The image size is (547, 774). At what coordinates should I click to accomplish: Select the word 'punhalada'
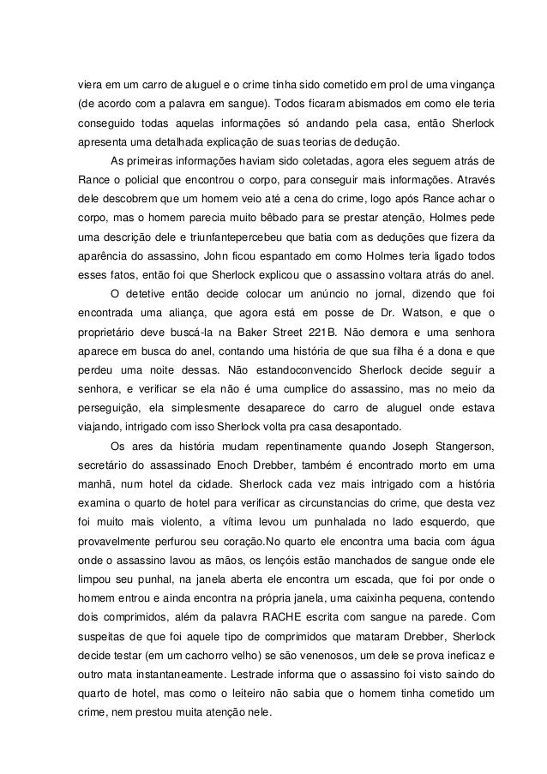pos(333,522)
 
